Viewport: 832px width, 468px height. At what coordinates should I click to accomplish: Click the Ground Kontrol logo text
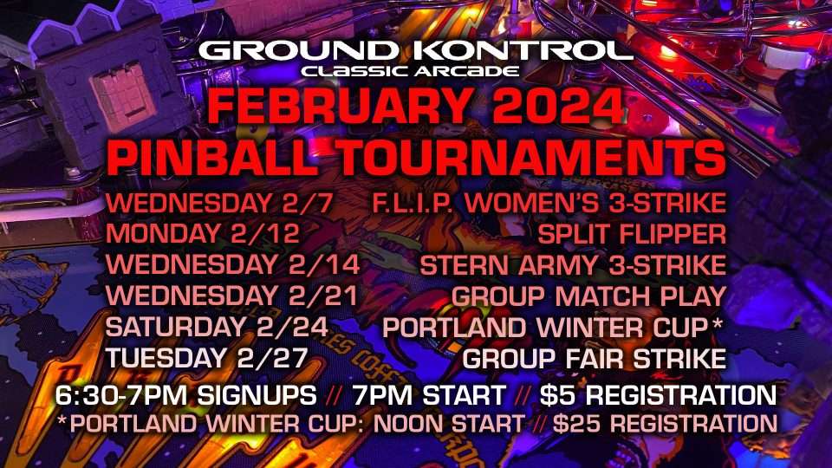coord(415,51)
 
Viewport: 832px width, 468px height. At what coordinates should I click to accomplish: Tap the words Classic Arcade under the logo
coord(410,71)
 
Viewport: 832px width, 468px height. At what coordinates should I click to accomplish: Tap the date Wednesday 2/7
coord(219,203)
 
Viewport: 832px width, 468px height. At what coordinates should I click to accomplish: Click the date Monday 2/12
coord(203,234)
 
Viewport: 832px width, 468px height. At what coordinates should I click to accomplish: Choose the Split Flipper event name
coord(632,234)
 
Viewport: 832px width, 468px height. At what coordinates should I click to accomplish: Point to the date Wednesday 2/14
coord(233,265)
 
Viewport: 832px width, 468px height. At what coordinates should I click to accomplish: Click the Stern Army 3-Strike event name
coord(573,265)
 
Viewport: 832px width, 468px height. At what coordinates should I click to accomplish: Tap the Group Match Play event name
coord(589,296)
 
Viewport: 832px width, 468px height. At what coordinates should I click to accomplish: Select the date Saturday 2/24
coord(217,327)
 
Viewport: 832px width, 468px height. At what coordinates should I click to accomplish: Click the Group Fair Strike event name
coord(595,358)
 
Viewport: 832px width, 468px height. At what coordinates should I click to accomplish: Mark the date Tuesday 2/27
coord(207,358)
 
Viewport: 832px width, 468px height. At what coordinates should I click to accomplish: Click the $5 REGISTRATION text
coord(658,395)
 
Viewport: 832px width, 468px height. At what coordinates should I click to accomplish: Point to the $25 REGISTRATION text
coord(665,424)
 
